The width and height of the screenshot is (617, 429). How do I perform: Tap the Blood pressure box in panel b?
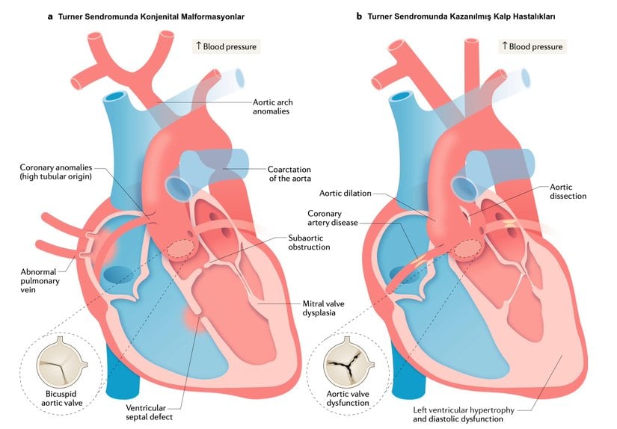tap(532, 46)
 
